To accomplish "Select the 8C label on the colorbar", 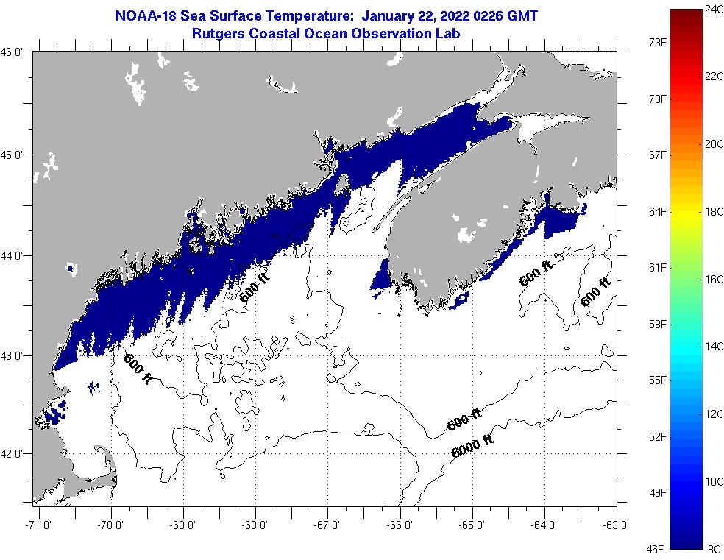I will click(712, 549).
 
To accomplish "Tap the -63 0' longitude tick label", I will click(617, 525).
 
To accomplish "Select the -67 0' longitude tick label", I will click(327, 525).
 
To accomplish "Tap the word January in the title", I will click(379, 15).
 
